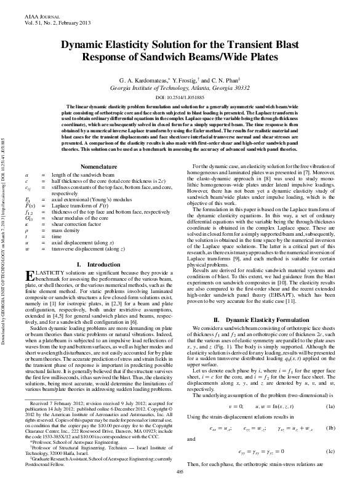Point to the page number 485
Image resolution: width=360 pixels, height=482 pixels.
tap(180, 472)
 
